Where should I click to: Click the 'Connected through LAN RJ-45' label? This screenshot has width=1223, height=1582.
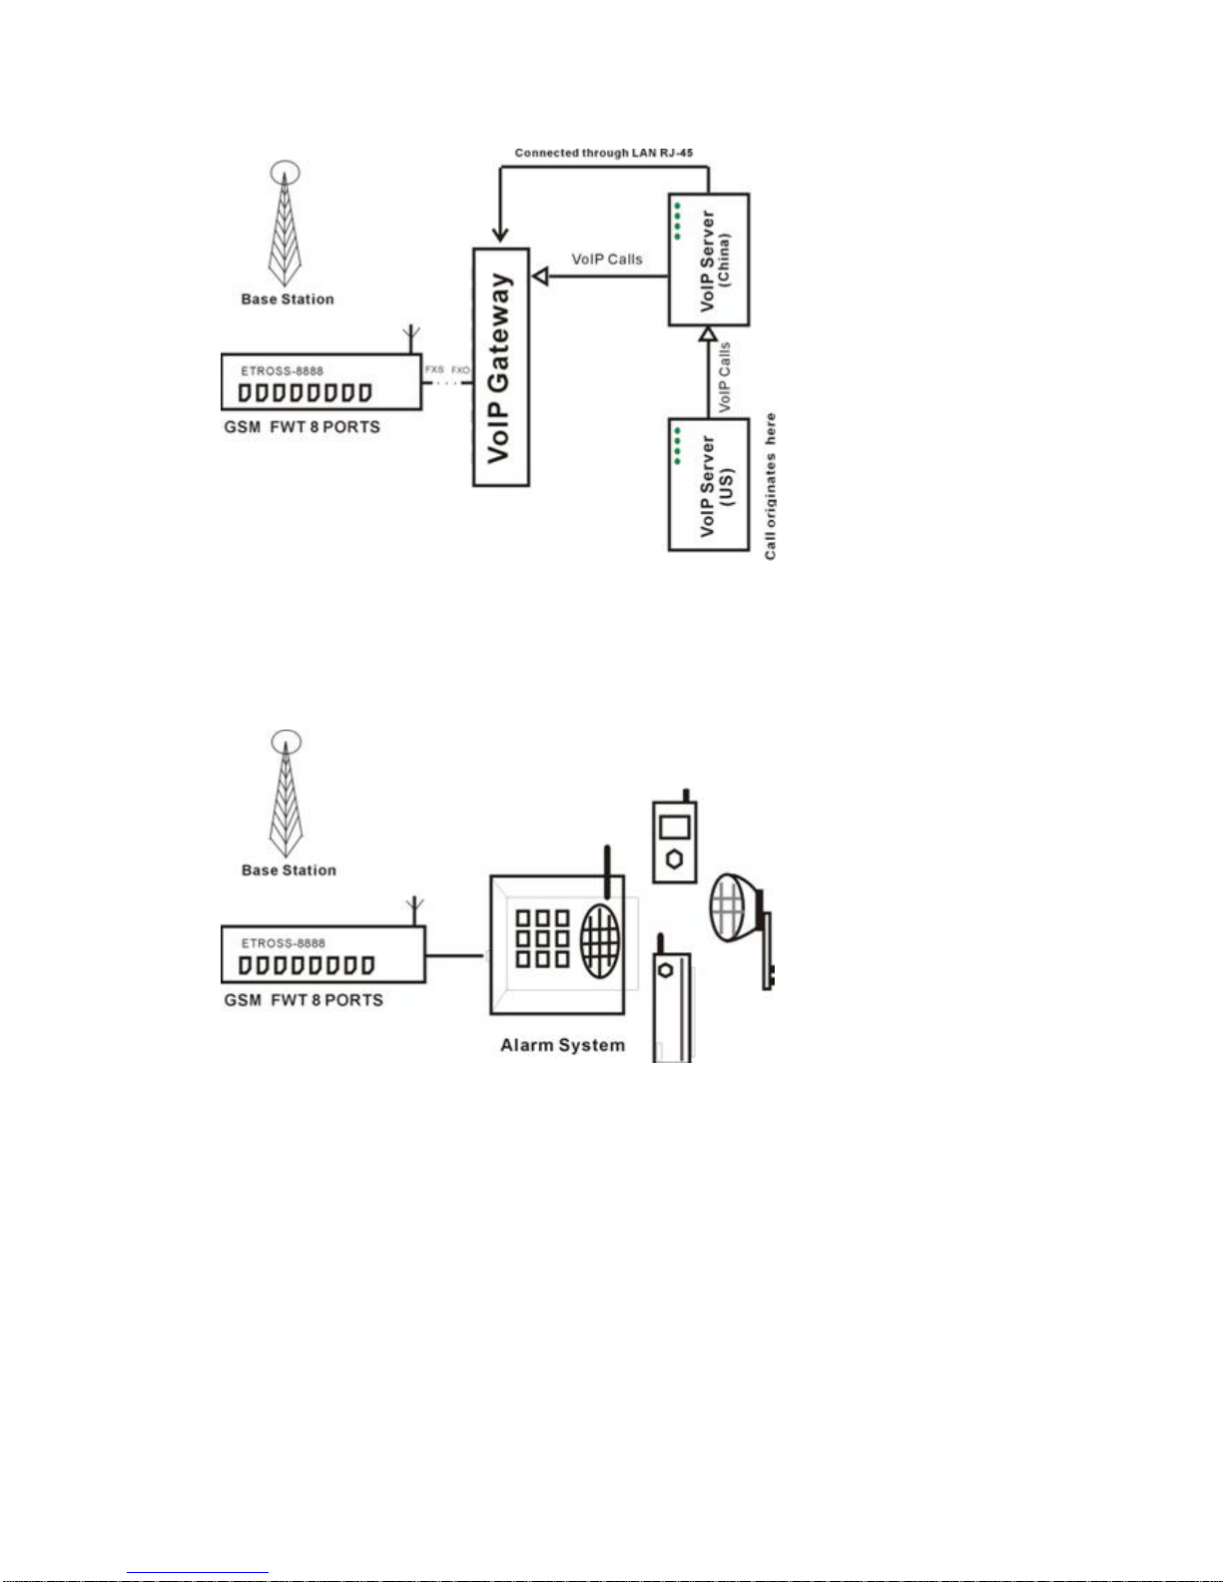coord(603,153)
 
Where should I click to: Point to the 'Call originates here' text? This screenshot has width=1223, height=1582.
coord(770,487)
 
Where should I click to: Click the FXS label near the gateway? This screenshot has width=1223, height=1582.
coord(434,370)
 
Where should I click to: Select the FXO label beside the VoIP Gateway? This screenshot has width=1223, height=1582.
coord(461,370)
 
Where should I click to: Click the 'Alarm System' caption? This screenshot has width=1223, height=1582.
coord(562,1045)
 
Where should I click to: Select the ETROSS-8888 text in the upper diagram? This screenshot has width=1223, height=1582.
coord(282,371)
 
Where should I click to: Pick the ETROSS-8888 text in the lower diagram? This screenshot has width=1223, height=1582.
coord(284,943)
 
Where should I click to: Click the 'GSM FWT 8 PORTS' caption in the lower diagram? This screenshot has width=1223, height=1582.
coord(304,1000)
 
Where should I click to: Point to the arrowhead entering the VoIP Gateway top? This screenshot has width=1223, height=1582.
coord(500,235)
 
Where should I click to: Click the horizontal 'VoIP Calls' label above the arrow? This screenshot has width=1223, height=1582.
coord(607,260)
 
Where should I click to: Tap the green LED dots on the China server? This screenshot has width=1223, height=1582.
coord(677,222)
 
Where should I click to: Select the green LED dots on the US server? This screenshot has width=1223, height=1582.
coord(677,446)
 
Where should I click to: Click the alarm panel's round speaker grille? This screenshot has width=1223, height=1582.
coord(601,940)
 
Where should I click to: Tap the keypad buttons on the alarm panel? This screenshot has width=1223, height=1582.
coord(542,939)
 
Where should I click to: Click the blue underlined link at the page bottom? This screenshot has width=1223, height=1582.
coord(198,1572)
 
